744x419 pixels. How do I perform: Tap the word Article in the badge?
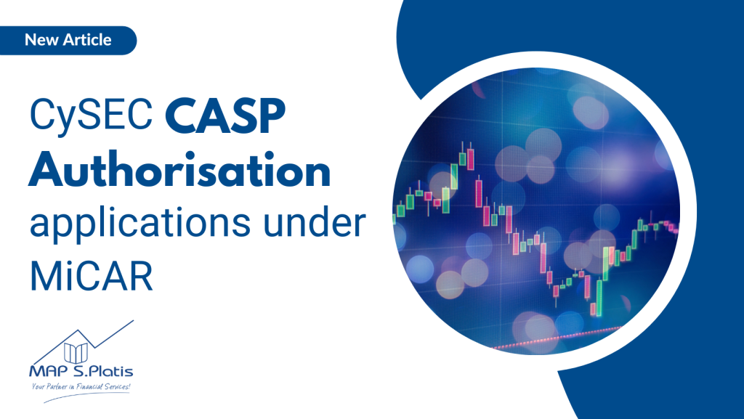coord(86,39)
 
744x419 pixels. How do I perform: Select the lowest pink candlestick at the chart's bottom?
coord(593,309)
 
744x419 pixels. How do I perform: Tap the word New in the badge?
coord(40,39)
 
